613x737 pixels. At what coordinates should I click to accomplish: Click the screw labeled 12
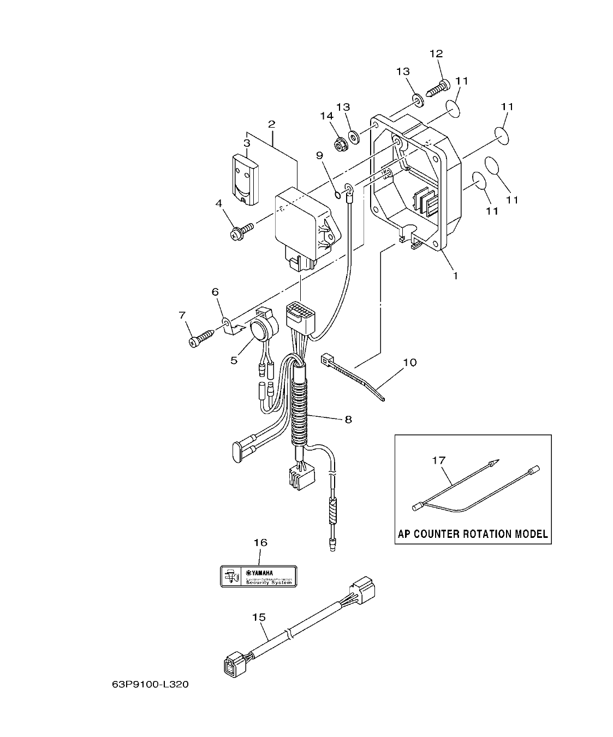pos(438,87)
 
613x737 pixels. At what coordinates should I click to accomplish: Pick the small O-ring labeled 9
pos(337,195)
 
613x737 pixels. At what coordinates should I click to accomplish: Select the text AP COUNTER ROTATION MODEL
pos(472,534)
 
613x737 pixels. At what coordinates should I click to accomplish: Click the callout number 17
pos(438,460)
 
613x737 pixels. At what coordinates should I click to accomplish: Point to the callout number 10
pos(409,362)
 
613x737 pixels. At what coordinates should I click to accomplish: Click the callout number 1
pos(454,275)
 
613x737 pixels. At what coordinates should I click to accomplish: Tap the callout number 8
pos(347,419)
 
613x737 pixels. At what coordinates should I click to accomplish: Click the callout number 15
pos(259,617)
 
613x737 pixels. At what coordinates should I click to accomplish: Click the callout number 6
pos(215,292)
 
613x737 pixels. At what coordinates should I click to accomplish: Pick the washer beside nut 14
pos(354,135)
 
